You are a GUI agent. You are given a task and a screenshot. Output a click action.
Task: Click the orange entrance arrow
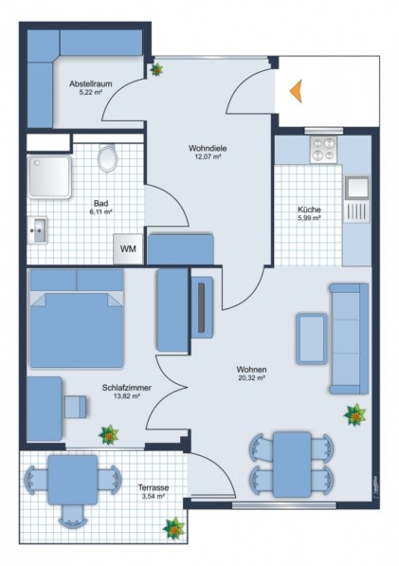[x=297, y=92]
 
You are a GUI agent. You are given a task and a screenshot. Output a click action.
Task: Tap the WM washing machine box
[x=128, y=248]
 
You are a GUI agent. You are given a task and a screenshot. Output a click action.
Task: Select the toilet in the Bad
[x=107, y=157]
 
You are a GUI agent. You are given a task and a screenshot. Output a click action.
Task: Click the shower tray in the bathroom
[x=49, y=176]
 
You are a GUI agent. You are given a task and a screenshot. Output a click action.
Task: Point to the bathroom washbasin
[x=38, y=230]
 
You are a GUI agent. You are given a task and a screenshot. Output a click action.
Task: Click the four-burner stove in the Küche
[x=323, y=150]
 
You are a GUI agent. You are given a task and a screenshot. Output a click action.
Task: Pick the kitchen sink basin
[x=357, y=188]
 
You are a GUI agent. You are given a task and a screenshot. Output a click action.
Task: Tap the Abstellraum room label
[x=91, y=83]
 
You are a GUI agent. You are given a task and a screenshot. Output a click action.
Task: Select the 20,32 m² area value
[x=252, y=378]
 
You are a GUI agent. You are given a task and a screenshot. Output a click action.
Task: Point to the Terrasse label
[x=154, y=488]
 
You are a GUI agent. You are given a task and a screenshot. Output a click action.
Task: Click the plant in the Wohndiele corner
[x=156, y=69]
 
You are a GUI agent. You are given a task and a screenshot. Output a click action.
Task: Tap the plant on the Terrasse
[x=173, y=528]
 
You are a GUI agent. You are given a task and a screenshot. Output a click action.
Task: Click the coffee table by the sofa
[x=312, y=338]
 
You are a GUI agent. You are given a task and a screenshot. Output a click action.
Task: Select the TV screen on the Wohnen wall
[x=202, y=307]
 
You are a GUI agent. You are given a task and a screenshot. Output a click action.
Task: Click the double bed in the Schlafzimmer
[x=77, y=318]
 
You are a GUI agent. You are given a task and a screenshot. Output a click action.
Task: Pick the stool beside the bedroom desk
[x=76, y=407]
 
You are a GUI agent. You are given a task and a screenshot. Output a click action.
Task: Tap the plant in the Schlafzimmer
[x=109, y=434]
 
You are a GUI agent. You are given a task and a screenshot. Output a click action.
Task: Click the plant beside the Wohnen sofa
[x=355, y=415]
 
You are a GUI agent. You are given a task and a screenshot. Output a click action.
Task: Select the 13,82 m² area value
[x=126, y=396]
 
